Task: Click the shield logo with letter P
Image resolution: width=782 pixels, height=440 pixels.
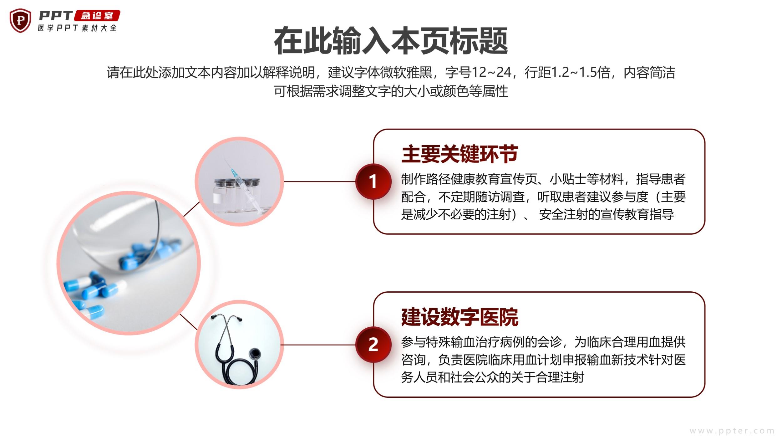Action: [x=20, y=20]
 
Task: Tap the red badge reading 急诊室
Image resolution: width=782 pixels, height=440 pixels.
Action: [x=97, y=16]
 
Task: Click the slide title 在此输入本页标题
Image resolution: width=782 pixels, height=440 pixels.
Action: [x=391, y=41]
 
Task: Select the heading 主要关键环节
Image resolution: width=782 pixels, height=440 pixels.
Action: [x=460, y=154]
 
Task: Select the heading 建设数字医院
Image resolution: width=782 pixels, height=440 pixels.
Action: [x=460, y=317]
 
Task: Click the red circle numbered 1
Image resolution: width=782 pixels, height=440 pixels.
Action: [x=373, y=182]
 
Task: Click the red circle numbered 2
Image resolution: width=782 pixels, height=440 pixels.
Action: [x=373, y=345]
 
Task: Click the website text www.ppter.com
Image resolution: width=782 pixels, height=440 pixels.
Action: [x=732, y=431]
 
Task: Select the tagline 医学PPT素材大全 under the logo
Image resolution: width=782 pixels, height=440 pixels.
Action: [x=77, y=28]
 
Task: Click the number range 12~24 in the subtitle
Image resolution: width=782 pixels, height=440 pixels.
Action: [x=491, y=72]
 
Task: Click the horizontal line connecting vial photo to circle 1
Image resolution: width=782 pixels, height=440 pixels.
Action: [x=319, y=182]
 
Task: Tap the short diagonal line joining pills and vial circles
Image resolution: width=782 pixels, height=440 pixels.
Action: [x=191, y=209]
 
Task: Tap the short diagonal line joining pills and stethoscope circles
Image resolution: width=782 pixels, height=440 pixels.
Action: [x=189, y=322]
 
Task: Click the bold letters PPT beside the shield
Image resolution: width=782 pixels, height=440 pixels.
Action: [x=56, y=16]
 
